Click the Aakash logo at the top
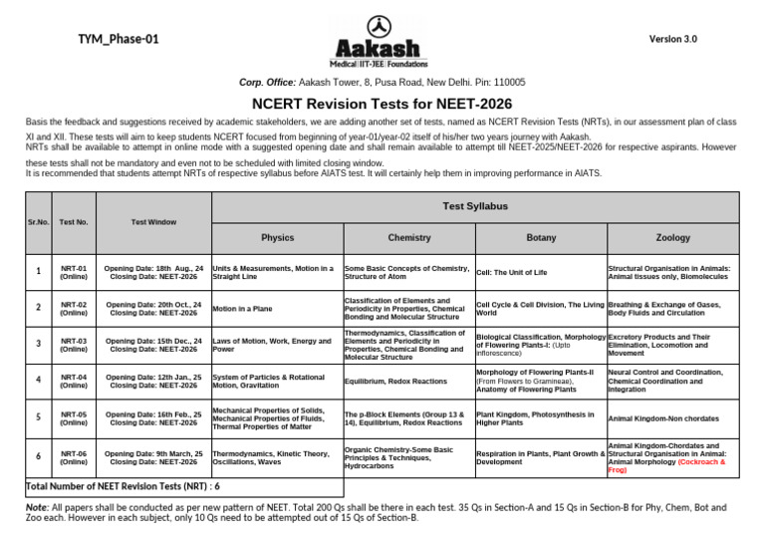[382, 41]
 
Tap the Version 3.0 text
[673, 39]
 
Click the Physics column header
[277, 238]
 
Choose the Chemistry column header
[408, 238]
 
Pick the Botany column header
[540, 238]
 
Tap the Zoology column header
[672, 238]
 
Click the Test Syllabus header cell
[474, 205]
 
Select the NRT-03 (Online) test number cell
[73, 344]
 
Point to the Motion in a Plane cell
[242, 309]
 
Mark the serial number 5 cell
[38, 417]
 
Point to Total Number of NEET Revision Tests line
[122, 487]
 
